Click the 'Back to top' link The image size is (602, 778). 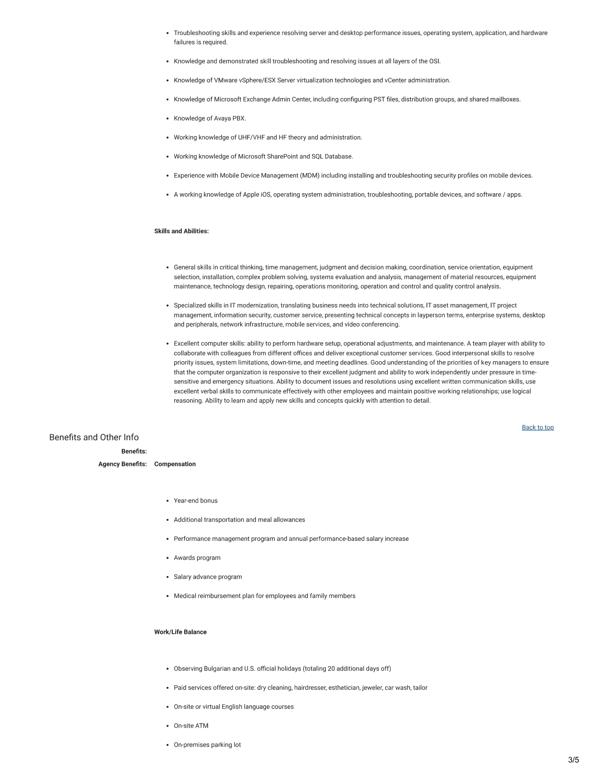pos(537,428)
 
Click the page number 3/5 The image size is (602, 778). pos(573,760)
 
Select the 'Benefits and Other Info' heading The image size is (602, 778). pos(94,438)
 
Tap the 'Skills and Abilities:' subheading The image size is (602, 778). pos(181,231)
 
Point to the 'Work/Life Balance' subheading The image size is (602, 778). pos(180,632)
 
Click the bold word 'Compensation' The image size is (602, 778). pos(175,464)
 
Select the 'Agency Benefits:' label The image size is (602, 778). pos(122,464)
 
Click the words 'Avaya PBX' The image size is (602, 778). pos(229,118)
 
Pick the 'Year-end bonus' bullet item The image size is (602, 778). pos(195,501)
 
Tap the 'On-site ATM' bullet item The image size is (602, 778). pos(191,726)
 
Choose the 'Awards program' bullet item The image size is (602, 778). pos(197,558)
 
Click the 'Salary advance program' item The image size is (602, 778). pos(208,577)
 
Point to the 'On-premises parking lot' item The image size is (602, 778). pos(207,745)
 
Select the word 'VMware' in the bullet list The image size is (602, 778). pos(226,80)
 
